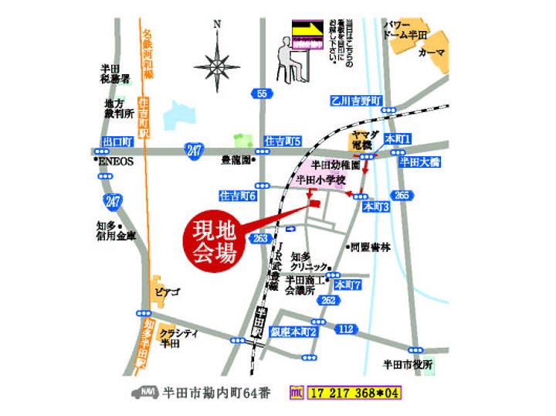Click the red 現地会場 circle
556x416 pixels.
pos(211,242)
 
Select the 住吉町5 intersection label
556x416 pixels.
pos(282,142)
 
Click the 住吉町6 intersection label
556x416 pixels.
pos(237,196)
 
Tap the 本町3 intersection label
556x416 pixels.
pos(376,207)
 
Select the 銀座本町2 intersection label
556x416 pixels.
pos(294,332)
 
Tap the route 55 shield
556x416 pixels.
pos(263,94)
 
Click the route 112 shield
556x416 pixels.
pos(347,329)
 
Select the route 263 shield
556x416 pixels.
pos(260,238)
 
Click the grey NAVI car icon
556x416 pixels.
pos(145,392)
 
